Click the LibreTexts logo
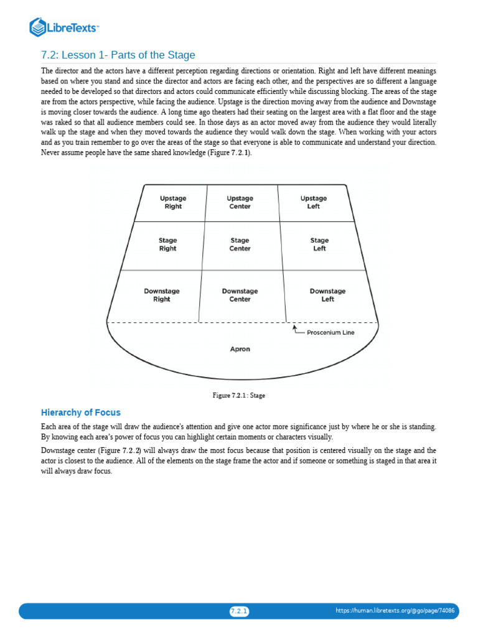point(64,27)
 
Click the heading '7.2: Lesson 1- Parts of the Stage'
point(118,55)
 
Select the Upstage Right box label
point(173,202)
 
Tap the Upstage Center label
point(240,202)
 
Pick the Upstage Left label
point(313,202)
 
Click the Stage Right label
point(168,244)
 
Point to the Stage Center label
point(240,244)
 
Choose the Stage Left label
point(319,244)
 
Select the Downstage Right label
point(162,295)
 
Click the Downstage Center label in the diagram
point(240,295)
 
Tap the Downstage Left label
point(327,295)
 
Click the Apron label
point(240,349)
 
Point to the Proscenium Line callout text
point(330,332)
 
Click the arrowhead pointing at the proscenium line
point(294,325)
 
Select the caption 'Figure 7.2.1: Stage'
point(239,395)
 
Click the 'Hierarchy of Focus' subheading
point(81,412)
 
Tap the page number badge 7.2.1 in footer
point(239,611)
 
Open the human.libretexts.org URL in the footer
point(395,611)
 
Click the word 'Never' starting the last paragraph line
point(50,153)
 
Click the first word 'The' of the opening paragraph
point(47,71)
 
